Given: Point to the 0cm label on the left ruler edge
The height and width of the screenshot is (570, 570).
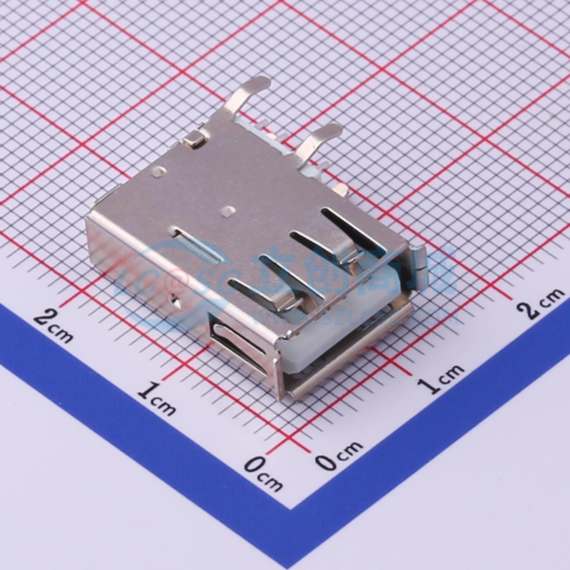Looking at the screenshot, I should [262, 473].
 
